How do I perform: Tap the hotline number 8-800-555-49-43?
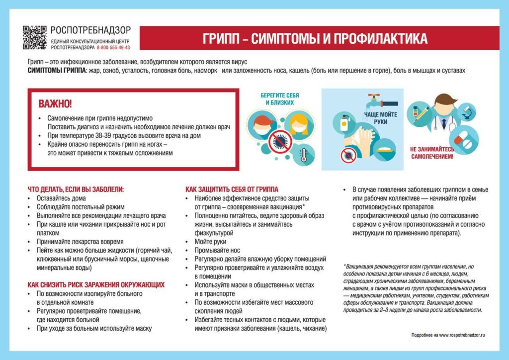(x=113, y=48)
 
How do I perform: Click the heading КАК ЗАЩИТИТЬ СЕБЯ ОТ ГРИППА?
(x=232, y=189)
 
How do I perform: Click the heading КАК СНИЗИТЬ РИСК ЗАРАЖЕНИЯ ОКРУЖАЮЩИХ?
(x=96, y=285)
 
